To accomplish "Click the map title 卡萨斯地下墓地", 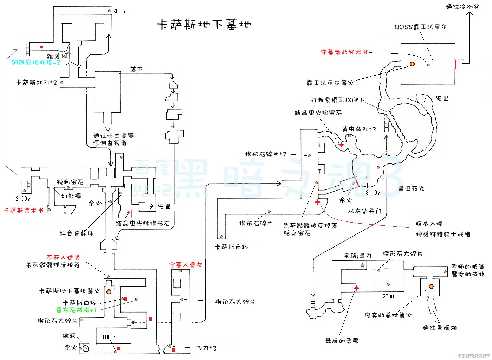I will (204, 25).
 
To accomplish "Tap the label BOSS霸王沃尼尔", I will (420, 27).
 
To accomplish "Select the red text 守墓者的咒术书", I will (344, 52).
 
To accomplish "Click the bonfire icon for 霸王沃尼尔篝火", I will (412, 64).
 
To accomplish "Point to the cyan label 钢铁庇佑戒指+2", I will (36, 63).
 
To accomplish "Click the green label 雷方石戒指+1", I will (76, 310).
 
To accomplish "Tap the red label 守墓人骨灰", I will (186, 265).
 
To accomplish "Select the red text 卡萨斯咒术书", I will (23, 210).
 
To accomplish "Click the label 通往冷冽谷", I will (462, 7).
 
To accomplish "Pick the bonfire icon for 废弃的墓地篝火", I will (431, 287).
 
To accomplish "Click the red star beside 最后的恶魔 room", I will (356, 288).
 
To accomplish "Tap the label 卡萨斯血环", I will (231, 247).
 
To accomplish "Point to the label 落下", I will (136, 69).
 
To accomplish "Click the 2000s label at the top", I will (120, 11).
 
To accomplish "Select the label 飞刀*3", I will (206, 348).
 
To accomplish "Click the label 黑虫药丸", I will (411, 188).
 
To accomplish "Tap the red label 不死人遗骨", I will (63, 258).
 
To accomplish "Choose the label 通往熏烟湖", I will (440, 328).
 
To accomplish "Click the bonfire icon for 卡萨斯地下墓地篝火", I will (109, 291).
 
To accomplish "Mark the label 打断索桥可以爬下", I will (337, 100).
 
